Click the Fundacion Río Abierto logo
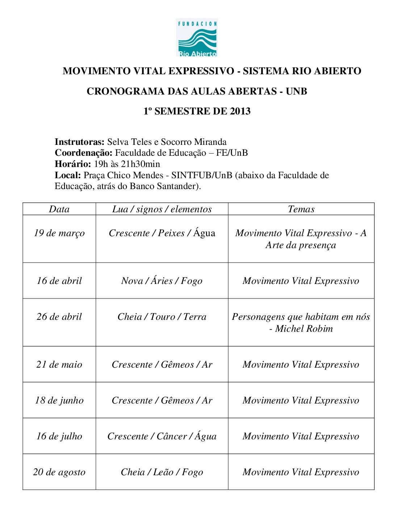point(197,38)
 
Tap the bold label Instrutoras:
point(80,142)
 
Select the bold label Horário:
point(73,164)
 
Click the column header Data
point(59,209)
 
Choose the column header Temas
point(301,209)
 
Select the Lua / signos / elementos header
point(162,209)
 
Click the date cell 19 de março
point(59,233)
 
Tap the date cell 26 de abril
point(59,317)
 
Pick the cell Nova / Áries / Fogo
point(162,281)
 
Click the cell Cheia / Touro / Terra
point(162,317)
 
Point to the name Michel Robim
point(304,329)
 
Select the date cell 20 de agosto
point(59,472)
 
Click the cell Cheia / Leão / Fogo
point(162,472)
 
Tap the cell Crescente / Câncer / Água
point(162,436)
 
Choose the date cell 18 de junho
point(59,400)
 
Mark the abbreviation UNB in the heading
point(296,91)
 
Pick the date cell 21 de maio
point(59,364)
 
